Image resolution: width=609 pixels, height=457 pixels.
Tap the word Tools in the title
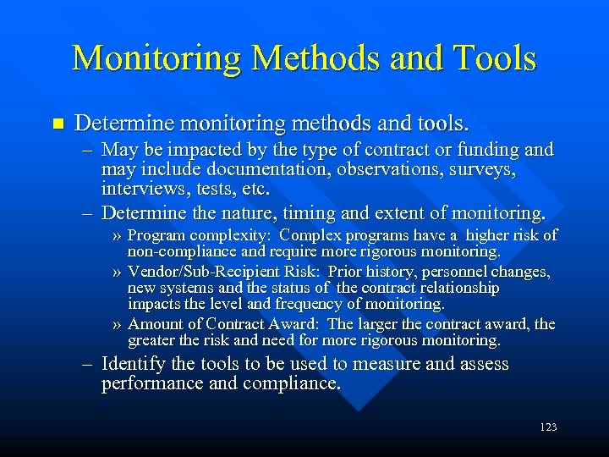[494, 58]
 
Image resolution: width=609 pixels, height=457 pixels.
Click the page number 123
[548, 427]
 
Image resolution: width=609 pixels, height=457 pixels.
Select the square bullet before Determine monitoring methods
[58, 124]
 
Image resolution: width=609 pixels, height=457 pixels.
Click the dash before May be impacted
[88, 151]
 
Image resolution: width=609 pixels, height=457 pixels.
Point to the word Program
[158, 235]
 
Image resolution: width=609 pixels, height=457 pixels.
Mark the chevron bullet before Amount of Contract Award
[118, 324]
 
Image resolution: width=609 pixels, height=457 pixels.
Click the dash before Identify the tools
[88, 365]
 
